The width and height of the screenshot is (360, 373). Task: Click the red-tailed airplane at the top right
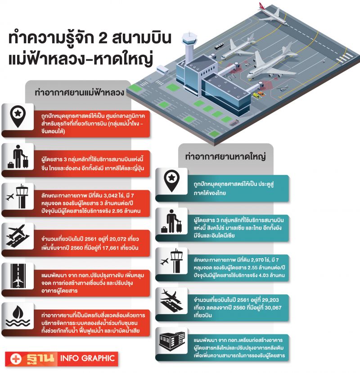[273, 13]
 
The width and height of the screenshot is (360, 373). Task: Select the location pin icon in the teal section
[171, 181]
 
